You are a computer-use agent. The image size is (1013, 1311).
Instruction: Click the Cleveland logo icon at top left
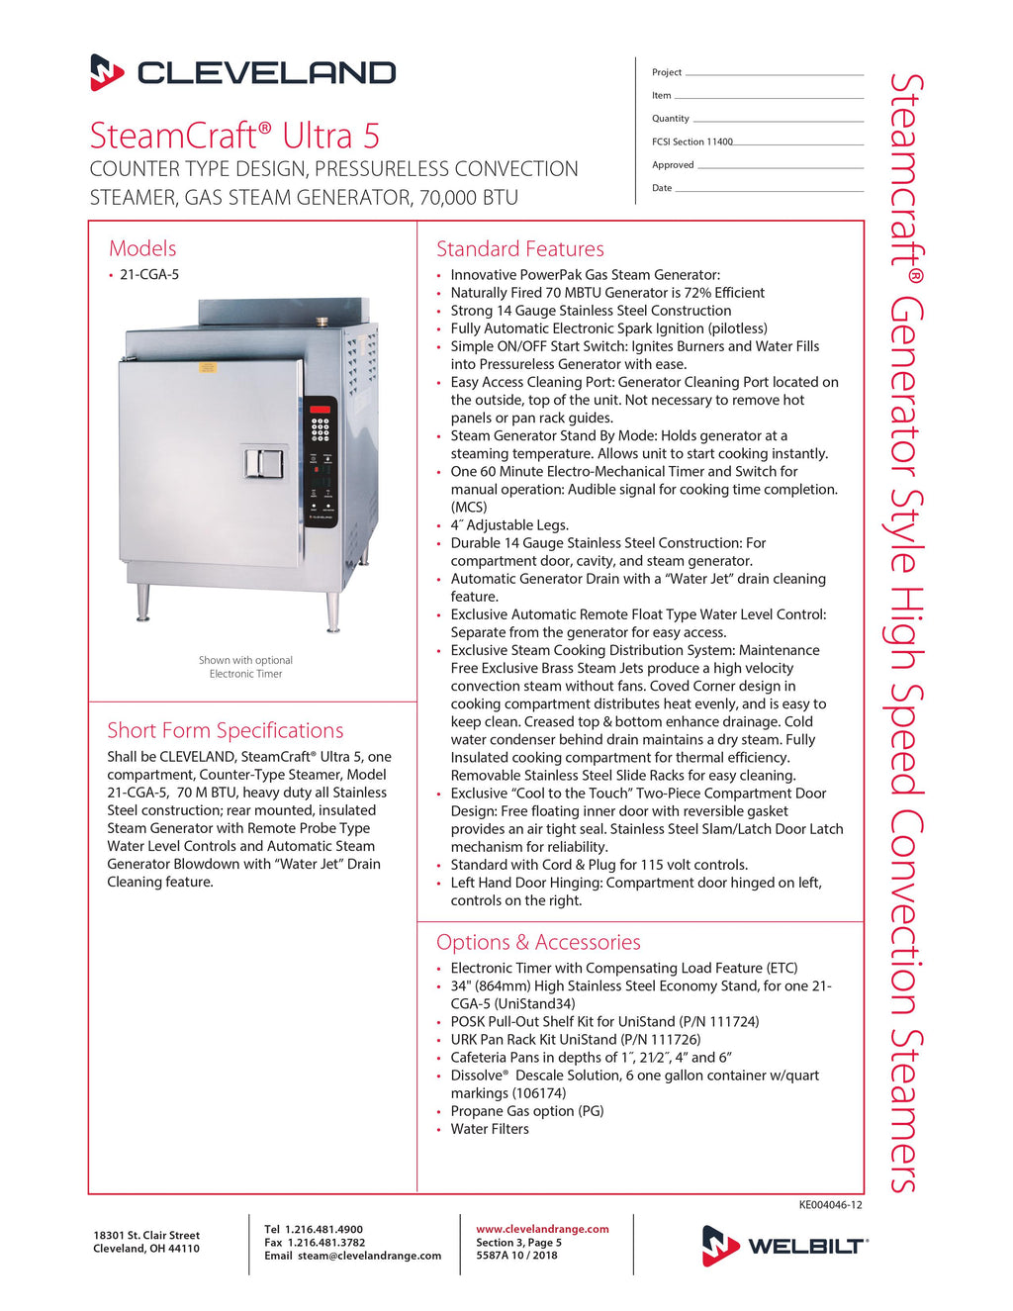click(107, 72)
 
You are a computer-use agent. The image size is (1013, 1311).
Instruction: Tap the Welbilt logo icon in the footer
click(720, 1245)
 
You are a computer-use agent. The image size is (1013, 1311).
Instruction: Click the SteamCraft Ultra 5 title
click(234, 136)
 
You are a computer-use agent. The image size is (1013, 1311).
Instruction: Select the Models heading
click(142, 248)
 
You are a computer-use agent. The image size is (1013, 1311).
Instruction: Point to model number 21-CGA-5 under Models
click(149, 275)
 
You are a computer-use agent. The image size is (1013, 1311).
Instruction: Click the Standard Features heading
click(519, 249)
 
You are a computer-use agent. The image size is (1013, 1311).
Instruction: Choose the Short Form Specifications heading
click(226, 730)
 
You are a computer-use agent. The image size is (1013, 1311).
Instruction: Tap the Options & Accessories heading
click(538, 942)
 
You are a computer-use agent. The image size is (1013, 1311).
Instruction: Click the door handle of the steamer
click(264, 463)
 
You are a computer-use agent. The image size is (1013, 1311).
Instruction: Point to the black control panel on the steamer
click(321, 461)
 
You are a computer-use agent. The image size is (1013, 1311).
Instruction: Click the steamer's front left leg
click(143, 602)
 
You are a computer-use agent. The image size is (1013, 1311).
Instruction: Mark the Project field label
click(667, 72)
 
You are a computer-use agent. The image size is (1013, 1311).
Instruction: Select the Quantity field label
click(671, 119)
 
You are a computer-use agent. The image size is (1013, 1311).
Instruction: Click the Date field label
click(662, 188)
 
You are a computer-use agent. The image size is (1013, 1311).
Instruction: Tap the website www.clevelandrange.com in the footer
click(542, 1229)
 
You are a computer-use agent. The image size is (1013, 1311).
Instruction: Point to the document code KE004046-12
click(830, 1205)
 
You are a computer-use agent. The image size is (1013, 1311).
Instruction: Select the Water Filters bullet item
click(490, 1129)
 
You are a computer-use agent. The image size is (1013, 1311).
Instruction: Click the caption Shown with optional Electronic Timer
click(245, 667)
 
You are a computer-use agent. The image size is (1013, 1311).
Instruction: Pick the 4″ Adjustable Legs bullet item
click(509, 525)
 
